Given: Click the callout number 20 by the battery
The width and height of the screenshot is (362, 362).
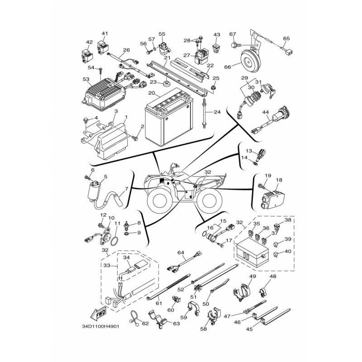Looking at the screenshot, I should point(152,92).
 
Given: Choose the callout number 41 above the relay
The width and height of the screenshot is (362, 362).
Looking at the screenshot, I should point(105,34).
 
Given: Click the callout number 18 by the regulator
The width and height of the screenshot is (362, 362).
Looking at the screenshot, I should point(279,180).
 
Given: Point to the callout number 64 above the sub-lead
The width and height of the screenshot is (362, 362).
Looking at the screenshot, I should point(181,252).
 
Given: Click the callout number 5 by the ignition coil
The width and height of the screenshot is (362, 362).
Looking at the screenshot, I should point(105,177).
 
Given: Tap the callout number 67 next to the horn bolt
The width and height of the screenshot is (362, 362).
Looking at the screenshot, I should point(233,34).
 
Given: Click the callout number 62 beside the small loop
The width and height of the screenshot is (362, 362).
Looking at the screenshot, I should point(145,323).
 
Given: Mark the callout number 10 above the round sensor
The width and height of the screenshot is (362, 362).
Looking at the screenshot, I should point(110,218).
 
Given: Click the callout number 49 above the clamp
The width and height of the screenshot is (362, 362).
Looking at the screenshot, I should point(252,276).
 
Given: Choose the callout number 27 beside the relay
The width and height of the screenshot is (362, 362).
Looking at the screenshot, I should point(186,55).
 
